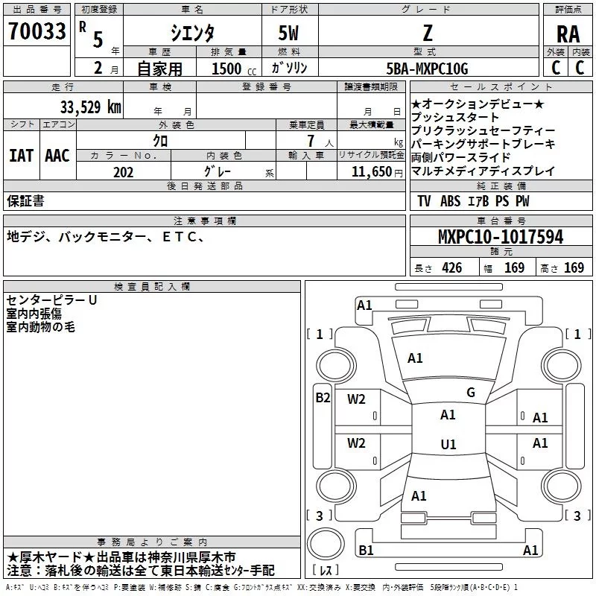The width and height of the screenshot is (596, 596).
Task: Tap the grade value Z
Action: point(426,33)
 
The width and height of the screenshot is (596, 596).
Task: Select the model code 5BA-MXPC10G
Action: point(427,69)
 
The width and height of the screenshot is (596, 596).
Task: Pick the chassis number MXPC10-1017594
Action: point(500,237)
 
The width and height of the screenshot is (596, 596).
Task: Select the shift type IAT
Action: point(21,156)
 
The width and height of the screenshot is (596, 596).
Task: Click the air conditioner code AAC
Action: point(57,156)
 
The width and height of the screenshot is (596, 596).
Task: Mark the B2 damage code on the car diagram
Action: point(322,397)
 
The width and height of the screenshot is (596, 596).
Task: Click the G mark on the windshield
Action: point(470,393)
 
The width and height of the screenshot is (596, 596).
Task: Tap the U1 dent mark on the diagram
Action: point(448,445)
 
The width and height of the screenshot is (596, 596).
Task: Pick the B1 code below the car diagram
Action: point(365,551)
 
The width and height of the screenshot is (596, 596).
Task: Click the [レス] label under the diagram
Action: point(326,571)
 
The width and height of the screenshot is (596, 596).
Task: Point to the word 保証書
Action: point(25,200)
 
